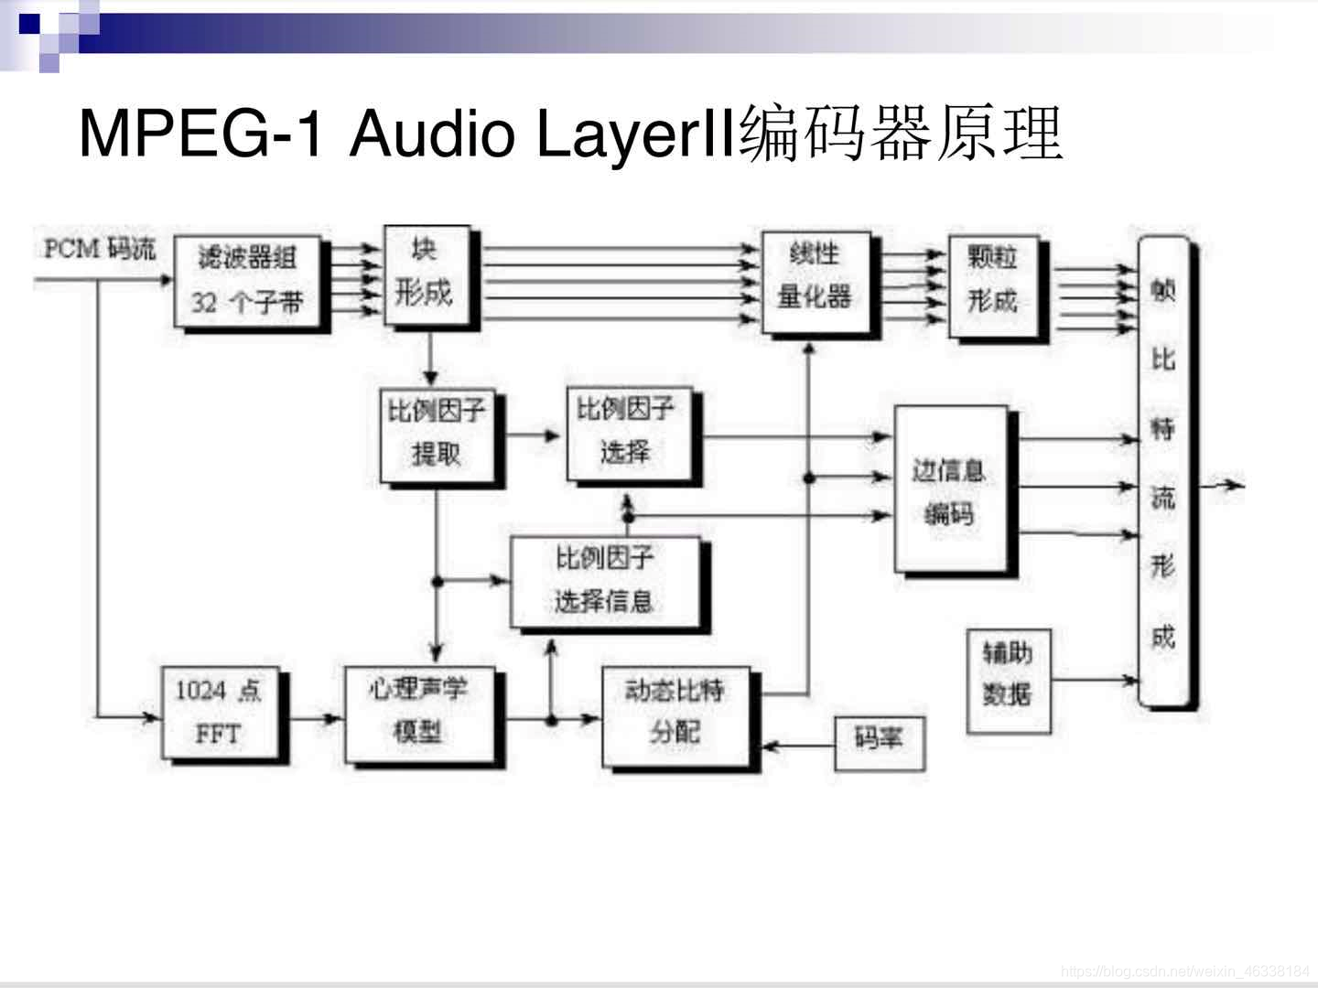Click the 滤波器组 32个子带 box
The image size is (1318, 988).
point(247,281)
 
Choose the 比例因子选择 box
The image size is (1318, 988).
point(627,434)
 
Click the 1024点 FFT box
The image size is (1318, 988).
point(220,714)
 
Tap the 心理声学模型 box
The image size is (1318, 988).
point(419,714)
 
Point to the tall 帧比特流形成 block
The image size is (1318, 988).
point(1164,471)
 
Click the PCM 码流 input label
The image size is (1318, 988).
point(100,249)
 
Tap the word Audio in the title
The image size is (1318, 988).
point(432,134)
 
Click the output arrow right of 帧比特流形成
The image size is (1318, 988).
point(1223,485)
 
